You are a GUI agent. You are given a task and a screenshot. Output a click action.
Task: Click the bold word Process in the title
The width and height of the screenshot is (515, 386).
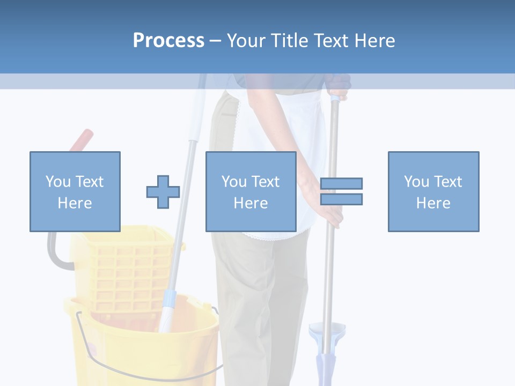point(168,41)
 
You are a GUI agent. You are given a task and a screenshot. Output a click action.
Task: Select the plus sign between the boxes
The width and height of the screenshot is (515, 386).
point(163,192)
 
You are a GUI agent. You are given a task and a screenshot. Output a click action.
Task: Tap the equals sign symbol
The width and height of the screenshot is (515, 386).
point(341,191)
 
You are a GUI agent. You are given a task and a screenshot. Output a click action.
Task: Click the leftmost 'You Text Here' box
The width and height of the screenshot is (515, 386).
point(75,191)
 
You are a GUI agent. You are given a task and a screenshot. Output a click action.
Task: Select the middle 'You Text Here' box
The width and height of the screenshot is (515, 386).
point(251,191)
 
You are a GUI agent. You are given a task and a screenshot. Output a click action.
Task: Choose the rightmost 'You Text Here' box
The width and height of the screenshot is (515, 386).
point(433,191)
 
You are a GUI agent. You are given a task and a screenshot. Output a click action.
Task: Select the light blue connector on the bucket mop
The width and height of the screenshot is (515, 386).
point(168,303)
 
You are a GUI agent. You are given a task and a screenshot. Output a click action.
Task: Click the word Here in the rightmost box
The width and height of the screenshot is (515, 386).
point(433,203)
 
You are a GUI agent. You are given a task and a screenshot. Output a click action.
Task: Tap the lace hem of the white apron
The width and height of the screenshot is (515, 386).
point(268,235)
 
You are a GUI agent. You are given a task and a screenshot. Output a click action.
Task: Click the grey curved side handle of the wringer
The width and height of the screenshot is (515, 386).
point(54,252)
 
